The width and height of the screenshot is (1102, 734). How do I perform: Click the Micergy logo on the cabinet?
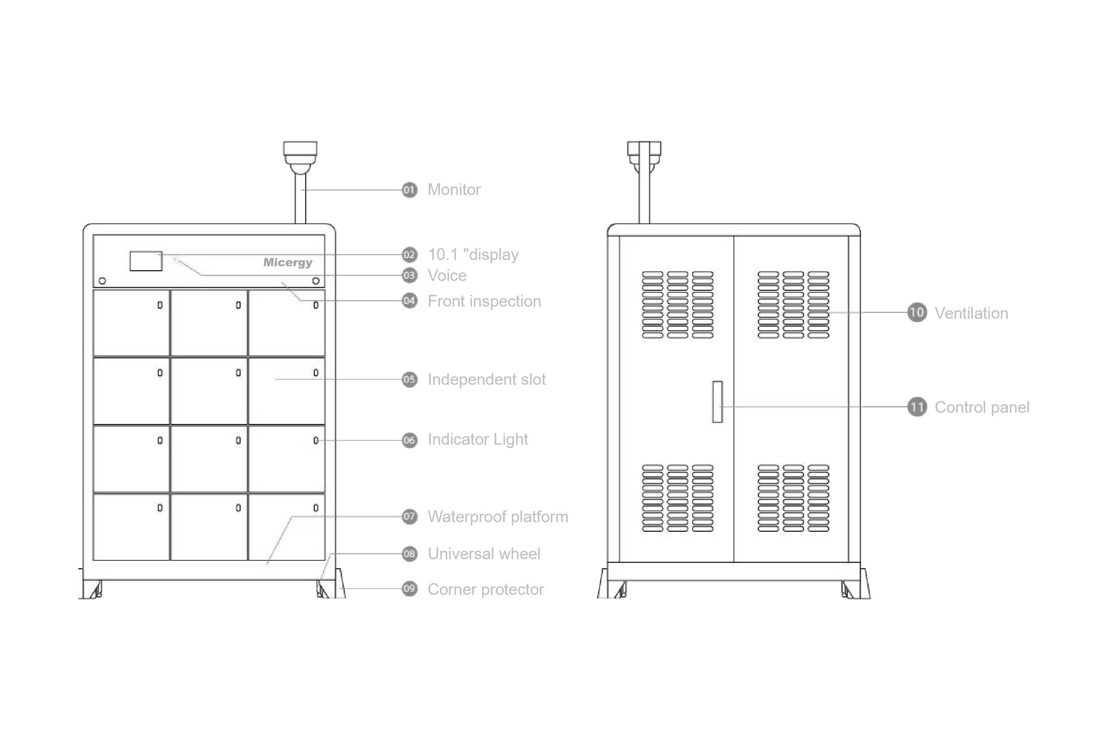(x=288, y=262)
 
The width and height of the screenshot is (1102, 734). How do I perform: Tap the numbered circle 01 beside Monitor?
(x=409, y=190)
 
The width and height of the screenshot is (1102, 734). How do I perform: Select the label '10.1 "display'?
(x=473, y=255)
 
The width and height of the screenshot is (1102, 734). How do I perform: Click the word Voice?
(x=447, y=275)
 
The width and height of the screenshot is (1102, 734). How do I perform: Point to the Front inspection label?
(x=484, y=301)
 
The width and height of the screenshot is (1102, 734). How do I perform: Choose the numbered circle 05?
(x=409, y=379)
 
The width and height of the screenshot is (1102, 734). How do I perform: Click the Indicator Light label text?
(x=478, y=440)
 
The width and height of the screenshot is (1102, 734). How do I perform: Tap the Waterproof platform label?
(x=498, y=517)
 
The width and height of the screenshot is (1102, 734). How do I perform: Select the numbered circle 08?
(x=409, y=554)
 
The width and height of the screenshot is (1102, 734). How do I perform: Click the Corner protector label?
(x=486, y=589)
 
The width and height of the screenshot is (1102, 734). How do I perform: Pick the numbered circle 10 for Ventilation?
(x=917, y=313)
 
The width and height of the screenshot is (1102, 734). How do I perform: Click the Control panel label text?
(x=982, y=407)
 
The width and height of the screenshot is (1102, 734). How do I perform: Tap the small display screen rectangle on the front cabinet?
(x=146, y=261)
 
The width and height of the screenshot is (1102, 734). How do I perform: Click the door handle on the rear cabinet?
(x=718, y=402)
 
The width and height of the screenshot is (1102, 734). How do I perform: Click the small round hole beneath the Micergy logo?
(x=316, y=281)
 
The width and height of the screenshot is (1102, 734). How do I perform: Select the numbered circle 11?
(x=917, y=407)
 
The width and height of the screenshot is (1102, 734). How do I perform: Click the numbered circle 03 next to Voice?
(x=409, y=275)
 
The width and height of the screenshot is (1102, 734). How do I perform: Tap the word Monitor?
(x=454, y=189)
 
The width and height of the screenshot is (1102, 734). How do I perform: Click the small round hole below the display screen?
(x=103, y=281)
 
